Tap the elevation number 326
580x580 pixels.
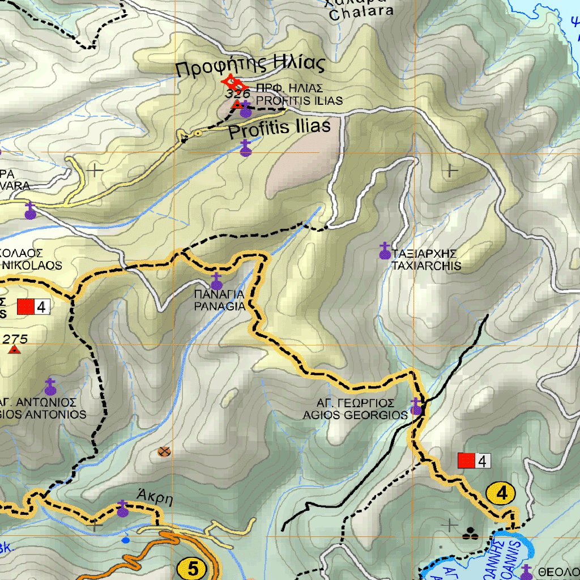click(x=237, y=93)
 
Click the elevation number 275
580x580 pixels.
click(x=15, y=339)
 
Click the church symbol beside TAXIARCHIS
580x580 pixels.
click(x=385, y=251)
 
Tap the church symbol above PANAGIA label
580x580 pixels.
click(x=216, y=281)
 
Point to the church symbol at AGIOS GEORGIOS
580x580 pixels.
click(x=416, y=407)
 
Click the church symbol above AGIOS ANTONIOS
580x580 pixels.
click(x=50, y=387)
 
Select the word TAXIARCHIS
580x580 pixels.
click(x=426, y=266)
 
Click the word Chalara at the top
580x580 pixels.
click(x=361, y=13)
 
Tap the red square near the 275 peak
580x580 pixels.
click(x=25, y=307)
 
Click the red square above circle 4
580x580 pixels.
click(x=466, y=461)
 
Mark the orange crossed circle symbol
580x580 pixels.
click(x=164, y=451)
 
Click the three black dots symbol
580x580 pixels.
click(x=469, y=533)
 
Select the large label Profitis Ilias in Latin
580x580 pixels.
click(x=279, y=129)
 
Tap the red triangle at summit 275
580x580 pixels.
click(x=14, y=350)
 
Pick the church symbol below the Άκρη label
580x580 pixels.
click(x=123, y=509)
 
